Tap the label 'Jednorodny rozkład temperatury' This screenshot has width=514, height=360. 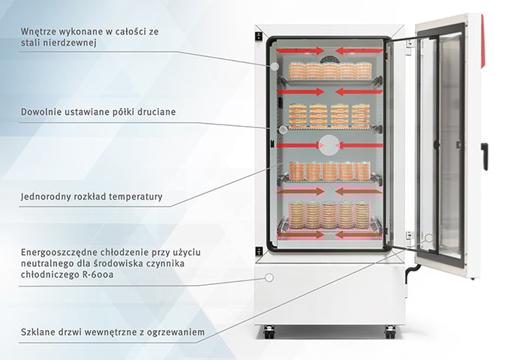pos(92,198)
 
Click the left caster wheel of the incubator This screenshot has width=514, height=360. pos(268,330)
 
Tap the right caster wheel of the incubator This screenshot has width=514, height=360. pos(390,330)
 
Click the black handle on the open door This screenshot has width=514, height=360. pos(485,155)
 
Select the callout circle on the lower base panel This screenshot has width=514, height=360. pos(268,277)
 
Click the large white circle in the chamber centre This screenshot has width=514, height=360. pos(329,145)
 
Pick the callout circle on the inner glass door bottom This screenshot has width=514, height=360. pos(428,240)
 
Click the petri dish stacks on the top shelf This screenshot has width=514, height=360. pos(330,70)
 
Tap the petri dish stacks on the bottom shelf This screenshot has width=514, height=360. pos(330,215)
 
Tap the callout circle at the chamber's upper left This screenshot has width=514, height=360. pos(275,67)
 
